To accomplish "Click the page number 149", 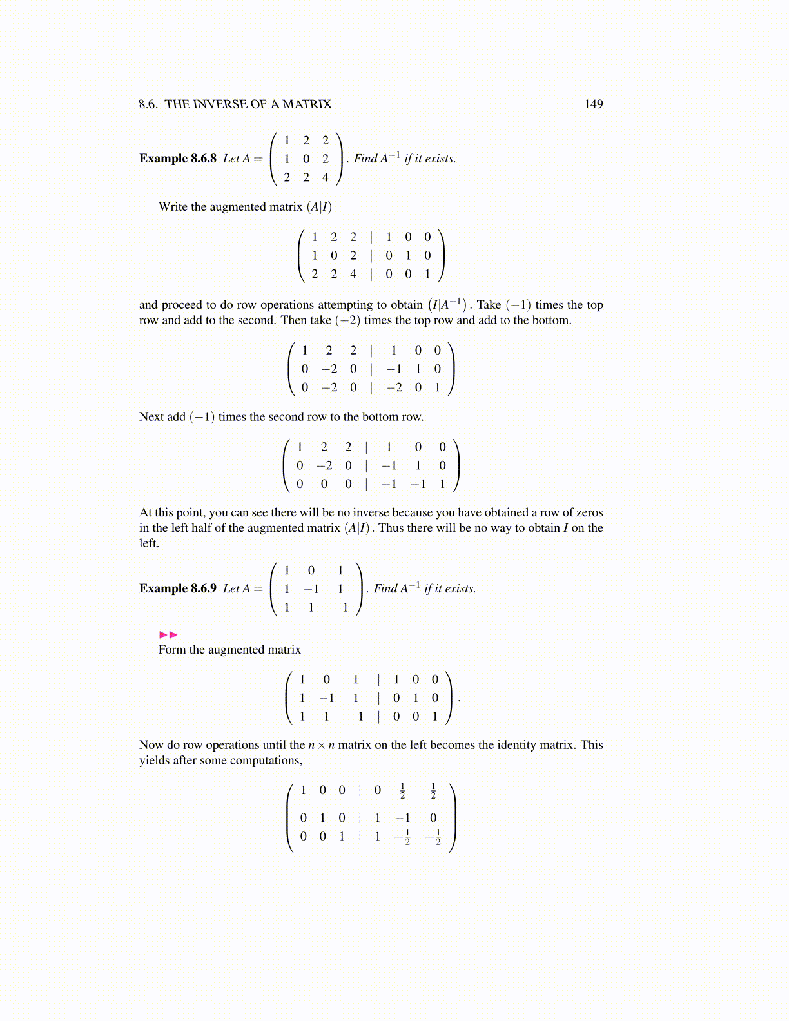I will point(593,104).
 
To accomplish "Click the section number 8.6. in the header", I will point(148,104).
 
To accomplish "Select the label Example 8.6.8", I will point(178,159).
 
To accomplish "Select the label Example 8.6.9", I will point(178,588).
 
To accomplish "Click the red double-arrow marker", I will point(168,635).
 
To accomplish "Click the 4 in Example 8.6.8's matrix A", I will point(326,177).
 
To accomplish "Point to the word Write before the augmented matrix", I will point(173,207).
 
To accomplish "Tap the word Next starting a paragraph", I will point(151,417).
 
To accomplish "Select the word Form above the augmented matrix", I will point(172,650).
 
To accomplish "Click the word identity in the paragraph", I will point(513,745).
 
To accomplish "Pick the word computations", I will point(269,761).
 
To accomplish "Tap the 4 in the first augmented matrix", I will point(353,274).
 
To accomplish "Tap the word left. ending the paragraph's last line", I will point(149,543).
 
